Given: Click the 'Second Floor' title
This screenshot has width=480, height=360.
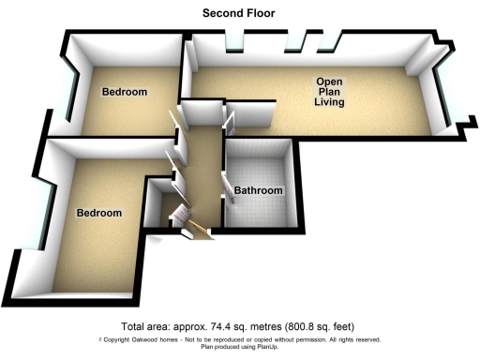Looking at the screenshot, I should [x=239, y=12].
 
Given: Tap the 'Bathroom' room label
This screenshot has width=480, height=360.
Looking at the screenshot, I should [x=258, y=190].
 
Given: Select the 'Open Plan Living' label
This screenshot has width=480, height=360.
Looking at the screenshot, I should [x=328, y=92].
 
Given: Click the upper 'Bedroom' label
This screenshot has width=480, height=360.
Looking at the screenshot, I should [x=125, y=92].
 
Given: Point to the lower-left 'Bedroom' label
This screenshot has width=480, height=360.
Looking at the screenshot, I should [x=99, y=213].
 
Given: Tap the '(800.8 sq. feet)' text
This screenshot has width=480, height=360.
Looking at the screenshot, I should [x=316, y=325].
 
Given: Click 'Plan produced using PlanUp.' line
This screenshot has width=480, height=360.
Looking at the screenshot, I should [x=240, y=347].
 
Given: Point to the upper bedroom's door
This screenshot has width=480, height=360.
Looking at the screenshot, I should [x=174, y=122].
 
